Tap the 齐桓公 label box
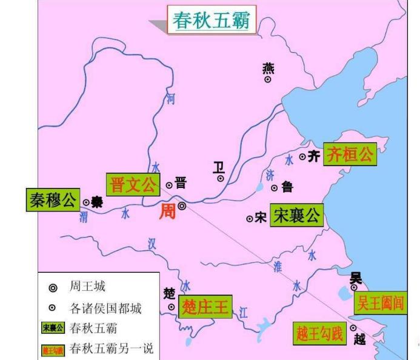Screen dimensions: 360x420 [x=350, y=155]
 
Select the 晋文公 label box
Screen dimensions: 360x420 [x=133, y=184]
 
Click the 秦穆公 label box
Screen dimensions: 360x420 [x=53, y=201]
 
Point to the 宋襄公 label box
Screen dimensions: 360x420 [x=296, y=216]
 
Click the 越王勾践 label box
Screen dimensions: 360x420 [x=319, y=333]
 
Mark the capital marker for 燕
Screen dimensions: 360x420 [x=268, y=79]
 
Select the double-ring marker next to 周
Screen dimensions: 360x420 [x=181, y=206]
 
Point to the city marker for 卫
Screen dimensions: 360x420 [x=221, y=178]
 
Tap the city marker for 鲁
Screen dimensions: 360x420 [x=274, y=188]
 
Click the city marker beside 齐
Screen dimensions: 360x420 [x=302, y=157]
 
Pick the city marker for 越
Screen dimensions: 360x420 [x=353, y=328]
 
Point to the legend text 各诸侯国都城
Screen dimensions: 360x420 [x=105, y=308]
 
